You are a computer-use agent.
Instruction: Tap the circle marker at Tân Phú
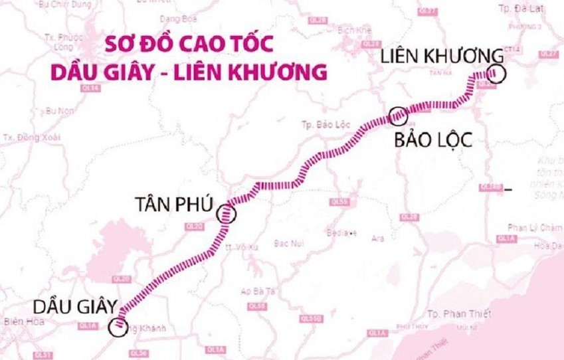[x=227, y=213]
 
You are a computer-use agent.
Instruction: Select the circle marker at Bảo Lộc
[x=397, y=116]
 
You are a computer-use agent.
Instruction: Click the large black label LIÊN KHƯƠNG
[x=438, y=55]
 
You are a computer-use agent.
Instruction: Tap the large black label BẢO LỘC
[x=432, y=140]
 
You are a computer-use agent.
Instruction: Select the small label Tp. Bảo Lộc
[x=316, y=124]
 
